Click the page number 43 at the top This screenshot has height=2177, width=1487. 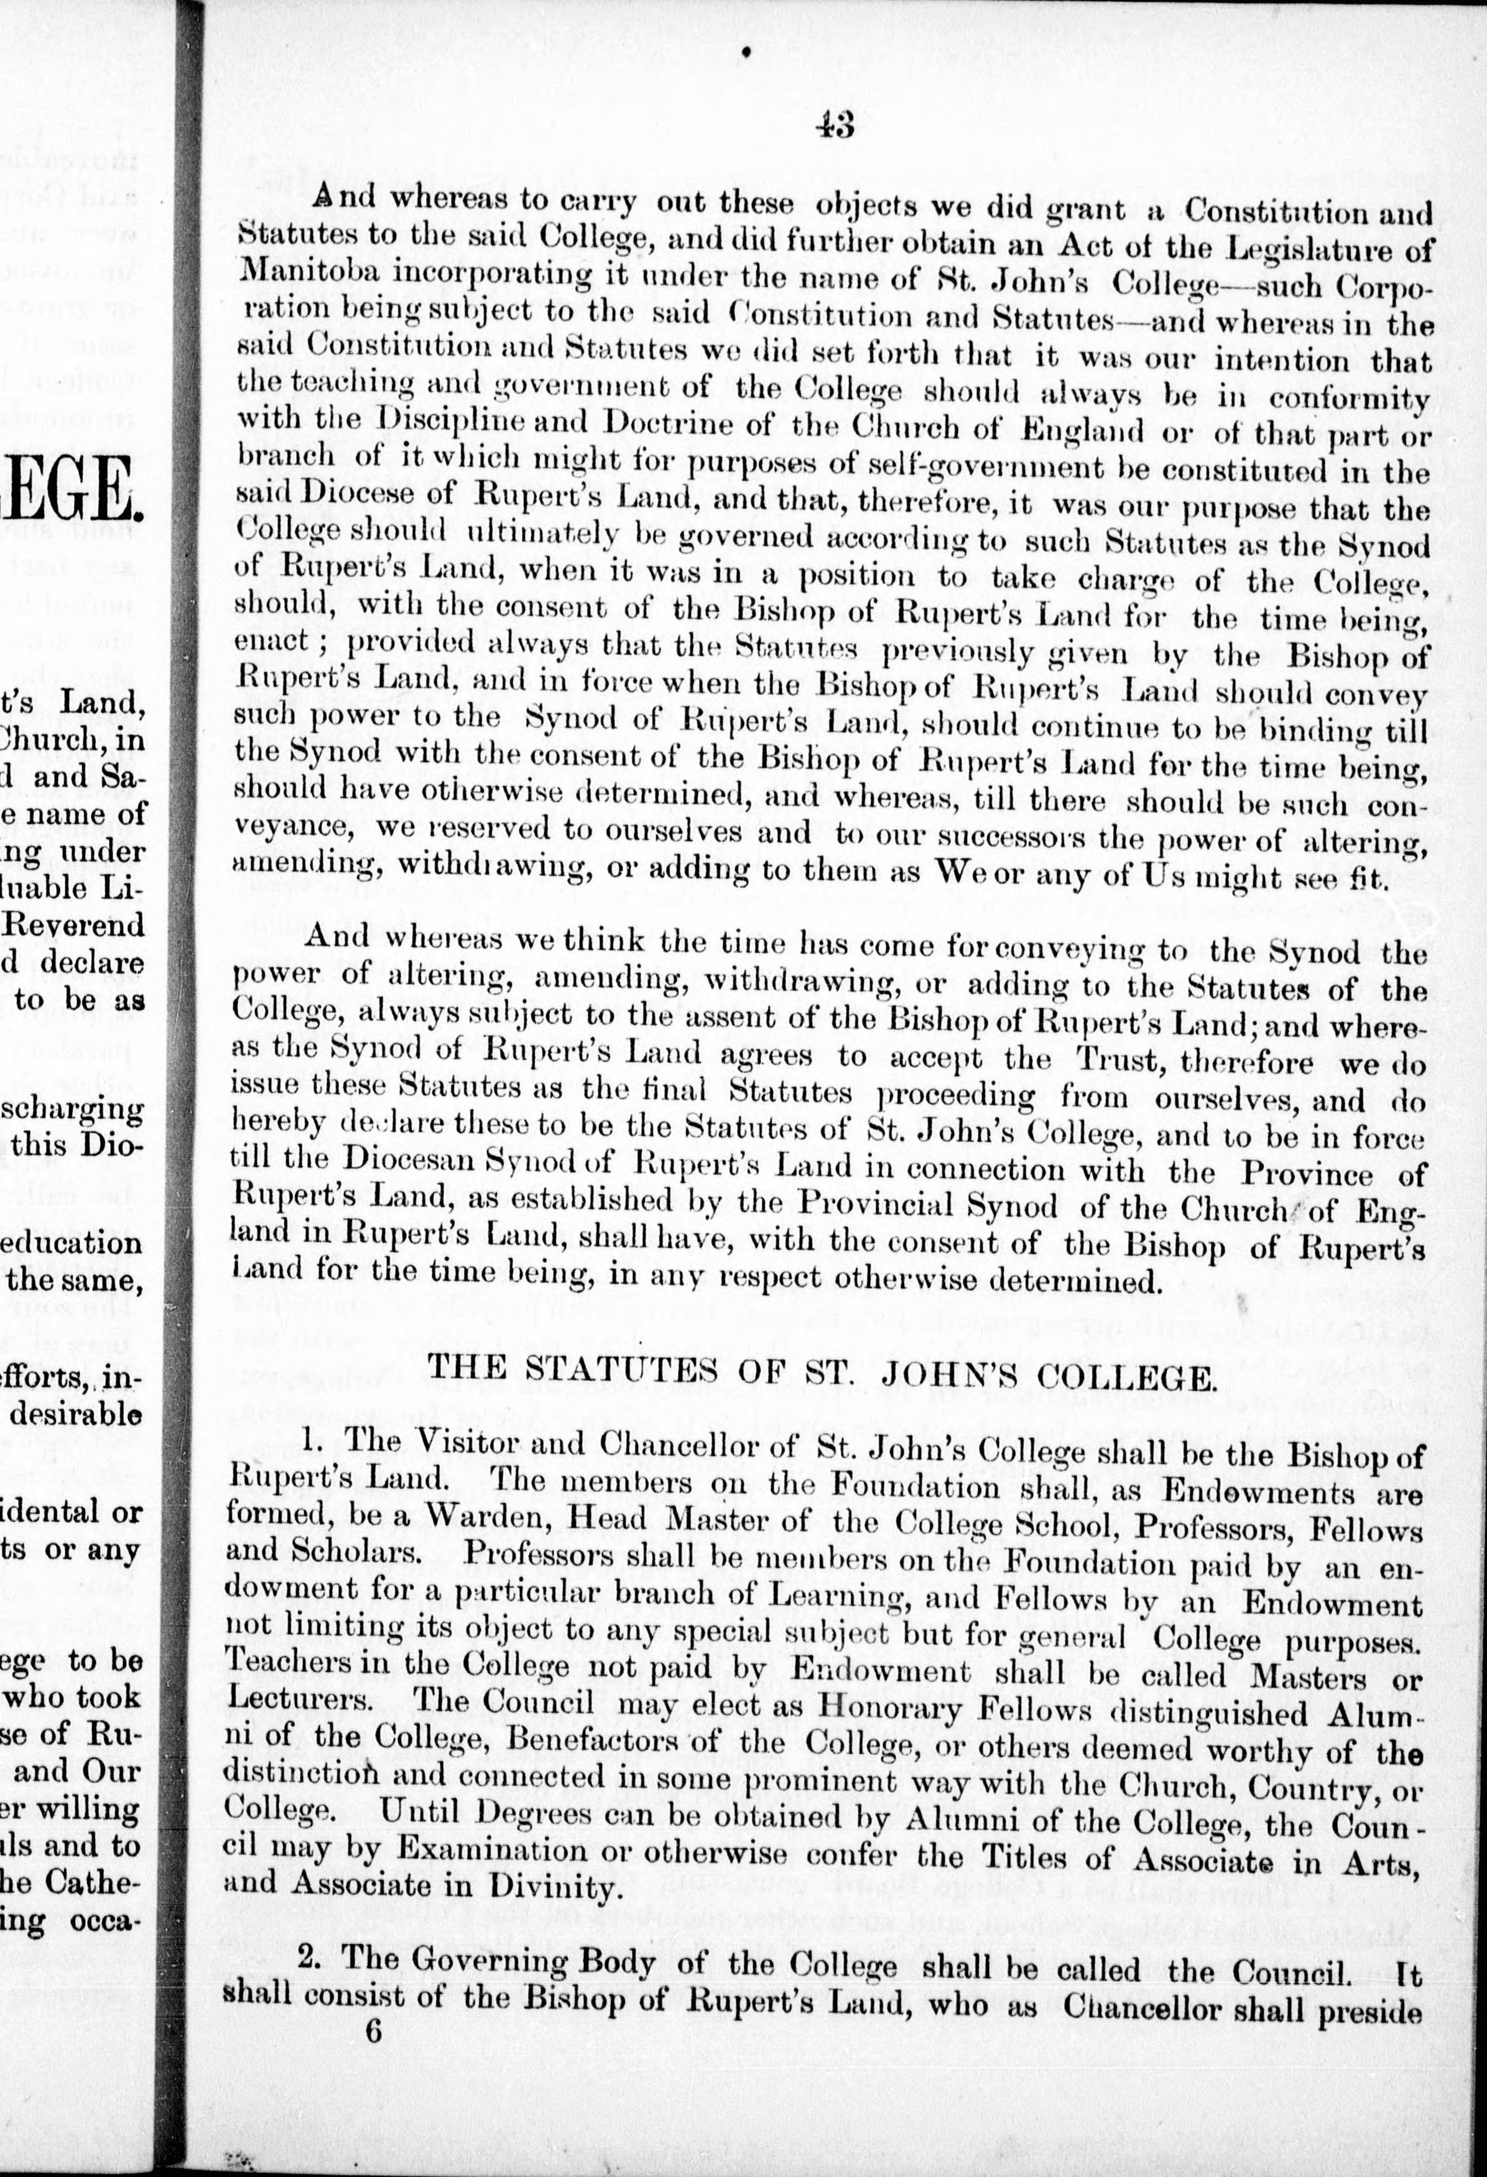click(x=836, y=124)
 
